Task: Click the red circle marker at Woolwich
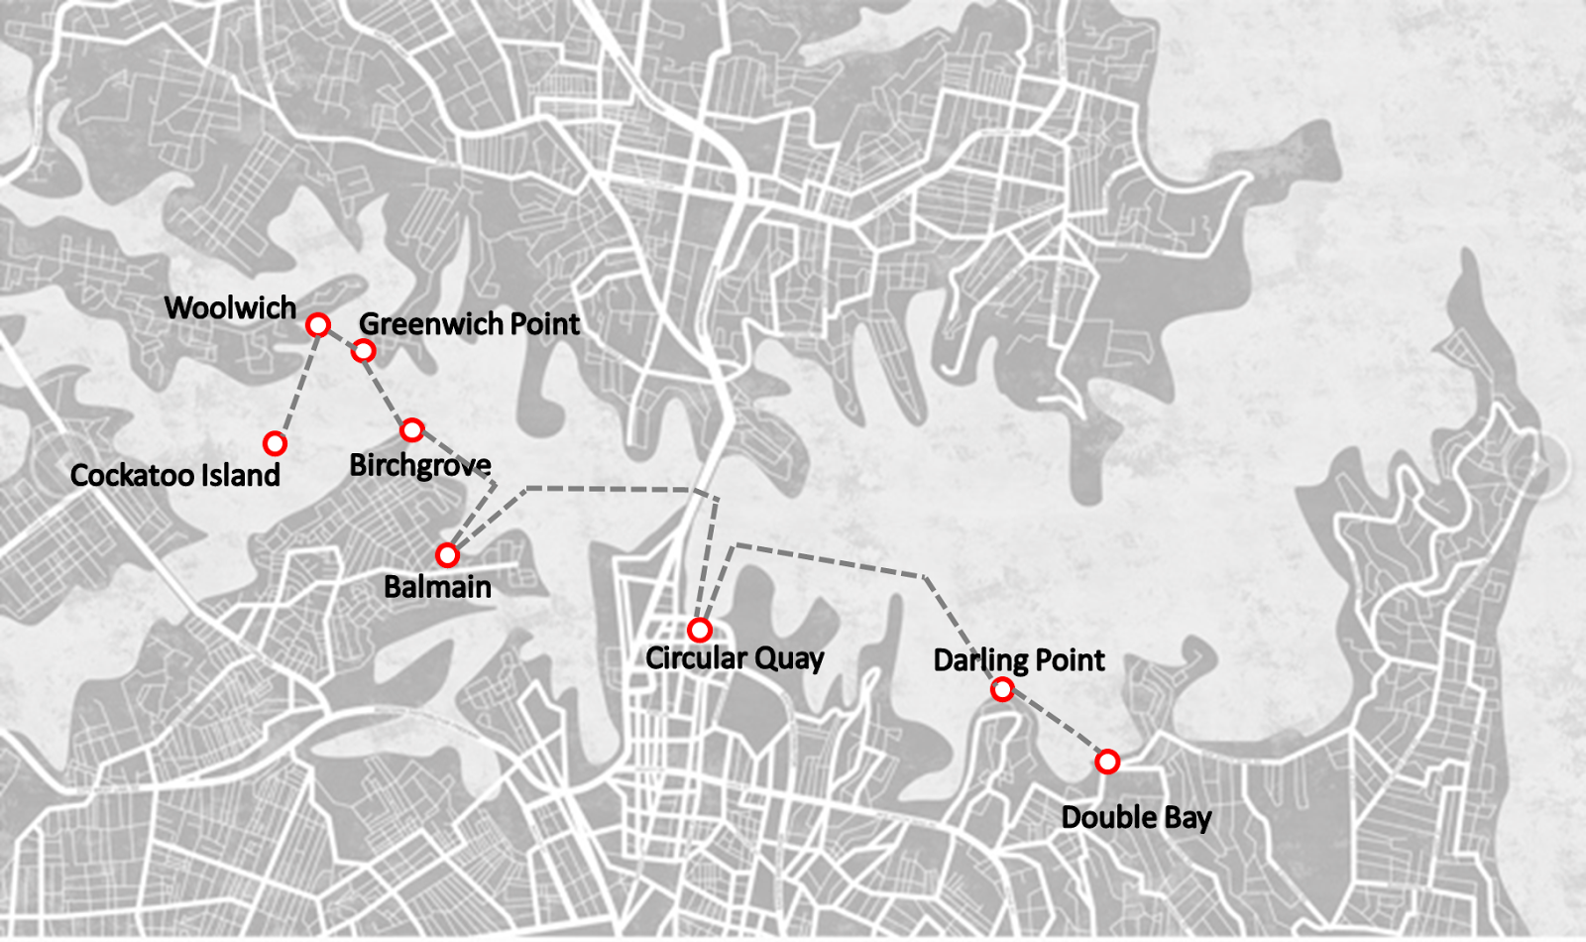click(317, 324)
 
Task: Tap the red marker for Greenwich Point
click(364, 350)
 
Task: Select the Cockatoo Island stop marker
click(276, 443)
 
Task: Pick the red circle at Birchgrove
click(412, 429)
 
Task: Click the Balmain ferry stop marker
click(447, 554)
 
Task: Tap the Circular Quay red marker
click(700, 630)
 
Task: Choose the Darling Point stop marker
click(1002, 689)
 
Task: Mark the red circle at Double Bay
click(1107, 762)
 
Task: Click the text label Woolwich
click(230, 307)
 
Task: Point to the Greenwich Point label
click(469, 324)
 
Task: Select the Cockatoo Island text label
click(175, 475)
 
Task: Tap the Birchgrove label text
click(420, 465)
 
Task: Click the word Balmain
click(437, 587)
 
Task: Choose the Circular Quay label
click(735, 658)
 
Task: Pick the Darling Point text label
click(1019, 660)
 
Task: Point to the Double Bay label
click(1136, 818)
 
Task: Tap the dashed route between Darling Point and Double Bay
click(1055, 726)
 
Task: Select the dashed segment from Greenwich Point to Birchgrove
click(388, 390)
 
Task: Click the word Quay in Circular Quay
click(789, 658)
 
